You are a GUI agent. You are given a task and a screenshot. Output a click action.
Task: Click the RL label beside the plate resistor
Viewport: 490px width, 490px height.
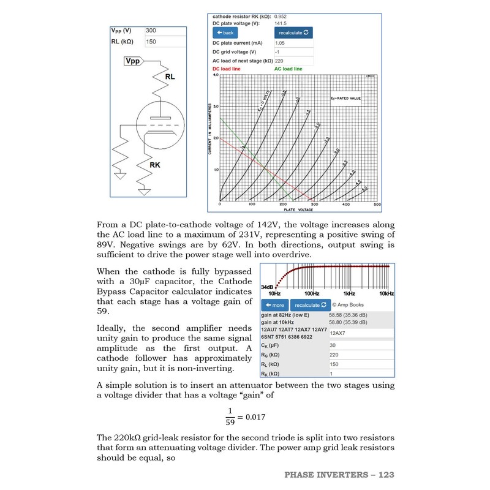tap(170, 78)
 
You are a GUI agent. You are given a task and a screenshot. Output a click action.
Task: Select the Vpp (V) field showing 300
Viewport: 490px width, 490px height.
tap(165, 31)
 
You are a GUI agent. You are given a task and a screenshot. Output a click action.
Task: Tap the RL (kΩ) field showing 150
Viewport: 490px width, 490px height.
tap(165, 42)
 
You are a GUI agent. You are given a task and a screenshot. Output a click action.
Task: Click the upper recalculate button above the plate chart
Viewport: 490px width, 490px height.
tap(294, 32)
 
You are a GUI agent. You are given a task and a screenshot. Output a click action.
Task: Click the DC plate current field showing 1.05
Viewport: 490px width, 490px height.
tap(293, 43)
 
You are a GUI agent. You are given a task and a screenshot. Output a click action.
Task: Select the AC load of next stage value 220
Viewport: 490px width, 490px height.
tap(293, 61)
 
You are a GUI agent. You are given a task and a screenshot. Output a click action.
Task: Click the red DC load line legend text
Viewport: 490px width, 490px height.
tap(226, 69)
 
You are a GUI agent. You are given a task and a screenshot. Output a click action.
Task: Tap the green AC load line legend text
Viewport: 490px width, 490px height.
tap(288, 69)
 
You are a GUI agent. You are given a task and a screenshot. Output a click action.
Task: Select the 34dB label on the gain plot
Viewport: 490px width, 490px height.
tap(267, 287)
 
